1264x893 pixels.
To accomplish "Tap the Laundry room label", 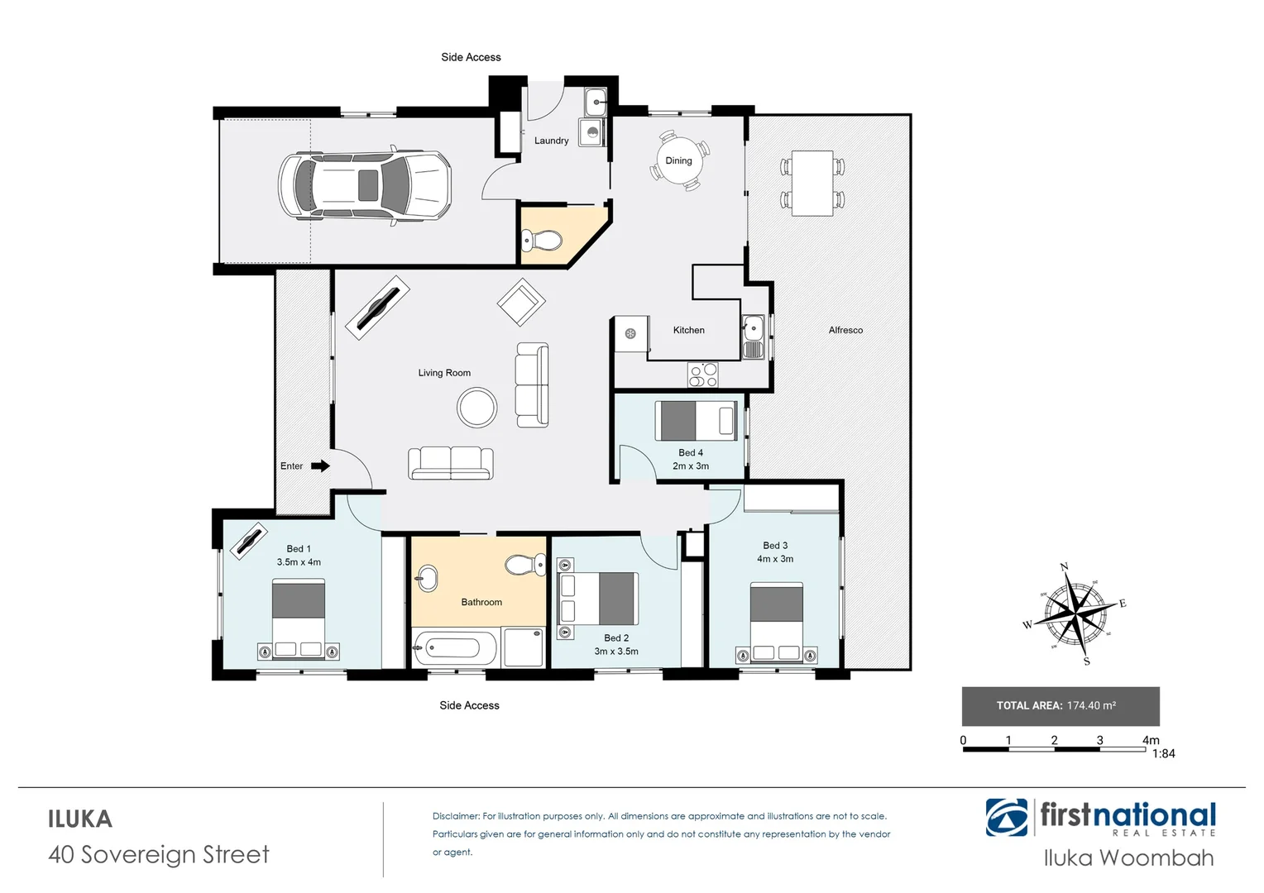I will click(x=551, y=141).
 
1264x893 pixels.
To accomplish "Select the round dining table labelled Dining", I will click(x=678, y=161).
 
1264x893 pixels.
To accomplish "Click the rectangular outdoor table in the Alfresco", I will click(x=812, y=183).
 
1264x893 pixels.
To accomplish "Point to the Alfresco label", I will click(x=845, y=330).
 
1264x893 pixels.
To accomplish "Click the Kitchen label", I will click(x=688, y=330).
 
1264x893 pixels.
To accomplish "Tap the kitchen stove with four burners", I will click(x=703, y=375).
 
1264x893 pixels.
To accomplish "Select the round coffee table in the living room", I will click(x=477, y=408).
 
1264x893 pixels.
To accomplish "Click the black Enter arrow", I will click(x=320, y=466).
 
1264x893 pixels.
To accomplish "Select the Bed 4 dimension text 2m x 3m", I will click(x=690, y=466).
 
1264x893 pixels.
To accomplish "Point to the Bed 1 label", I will click(x=299, y=549).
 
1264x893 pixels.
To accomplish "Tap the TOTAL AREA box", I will click(x=1060, y=706).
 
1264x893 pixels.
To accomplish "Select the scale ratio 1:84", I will click(x=1163, y=754).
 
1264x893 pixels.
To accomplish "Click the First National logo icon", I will click(x=1007, y=818).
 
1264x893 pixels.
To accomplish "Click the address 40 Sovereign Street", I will click(x=159, y=854).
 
